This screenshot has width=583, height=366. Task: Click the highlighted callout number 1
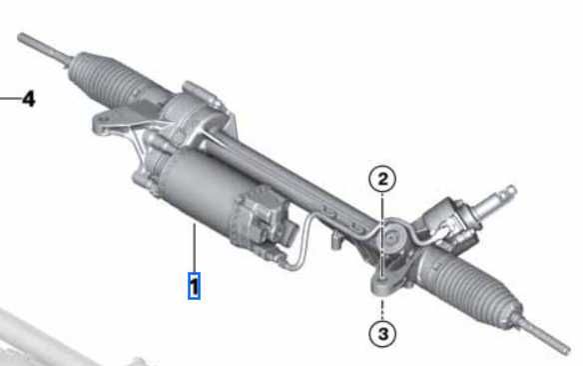point(194,286)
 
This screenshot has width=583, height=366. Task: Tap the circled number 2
point(382,179)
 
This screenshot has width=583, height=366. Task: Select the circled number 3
point(382,334)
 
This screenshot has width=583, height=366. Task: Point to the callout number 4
point(29,99)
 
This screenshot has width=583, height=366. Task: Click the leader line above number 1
point(194,247)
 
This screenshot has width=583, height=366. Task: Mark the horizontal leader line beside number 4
point(10,99)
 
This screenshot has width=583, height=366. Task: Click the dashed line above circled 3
point(382,310)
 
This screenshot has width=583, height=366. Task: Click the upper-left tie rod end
point(44,48)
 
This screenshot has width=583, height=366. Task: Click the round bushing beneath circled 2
point(392,236)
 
